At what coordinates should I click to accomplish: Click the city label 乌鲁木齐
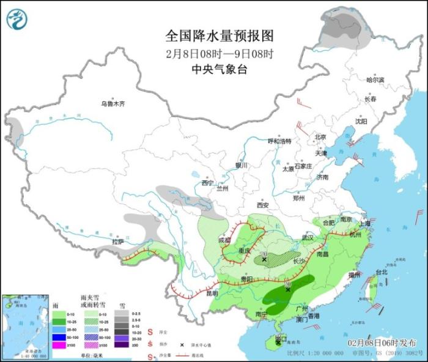(113, 103)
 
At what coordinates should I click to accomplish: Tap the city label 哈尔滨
(375, 80)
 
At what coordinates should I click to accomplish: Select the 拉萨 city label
(118, 242)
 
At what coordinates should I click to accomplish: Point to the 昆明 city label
(212, 294)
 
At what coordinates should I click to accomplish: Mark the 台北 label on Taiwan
(381, 272)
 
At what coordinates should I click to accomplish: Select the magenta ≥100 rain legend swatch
(59, 345)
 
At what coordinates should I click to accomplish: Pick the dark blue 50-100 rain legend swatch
(59, 337)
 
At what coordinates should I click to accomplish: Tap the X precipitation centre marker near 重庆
(264, 260)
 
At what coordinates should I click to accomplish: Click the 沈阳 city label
(361, 121)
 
